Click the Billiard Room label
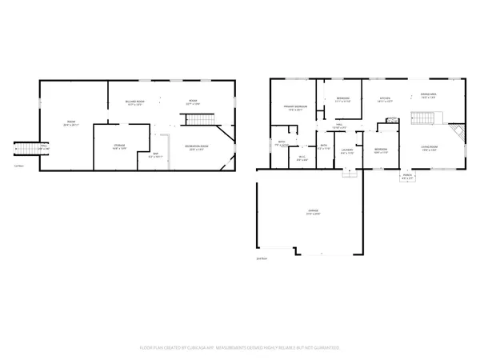pos(134,103)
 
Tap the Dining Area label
pos(429,96)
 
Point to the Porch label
pos(407,177)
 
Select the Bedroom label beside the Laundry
pos(381,151)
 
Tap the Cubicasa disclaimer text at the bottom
pos(240,349)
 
